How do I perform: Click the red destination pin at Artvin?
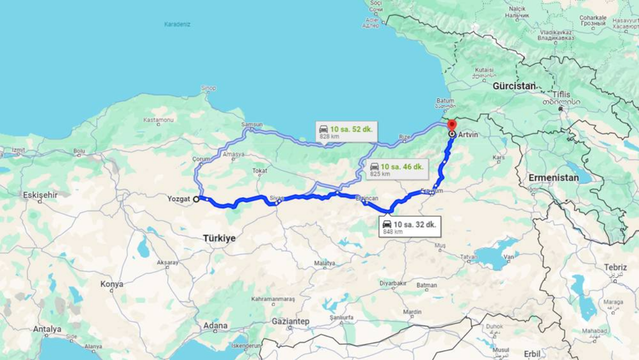tap(452, 125)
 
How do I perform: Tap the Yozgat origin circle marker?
tap(196, 199)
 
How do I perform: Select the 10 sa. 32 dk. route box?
tap(409, 227)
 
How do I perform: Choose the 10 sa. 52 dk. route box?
tap(347, 131)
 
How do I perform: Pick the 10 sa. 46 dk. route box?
tap(397, 169)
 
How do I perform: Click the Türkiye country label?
tap(219, 238)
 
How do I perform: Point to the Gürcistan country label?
tap(514, 86)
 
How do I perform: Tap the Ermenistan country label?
tap(554, 178)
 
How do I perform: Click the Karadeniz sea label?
tap(177, 24)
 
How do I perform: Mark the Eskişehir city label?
tap(40, 195)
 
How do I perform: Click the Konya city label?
tap(111, 284)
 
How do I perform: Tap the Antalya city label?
tap(47, 329)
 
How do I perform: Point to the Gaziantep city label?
tap(291, 321)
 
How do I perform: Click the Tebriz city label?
tap(615, 268)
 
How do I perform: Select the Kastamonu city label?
tap(158, 120)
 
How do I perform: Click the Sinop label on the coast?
tap(209, 88)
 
